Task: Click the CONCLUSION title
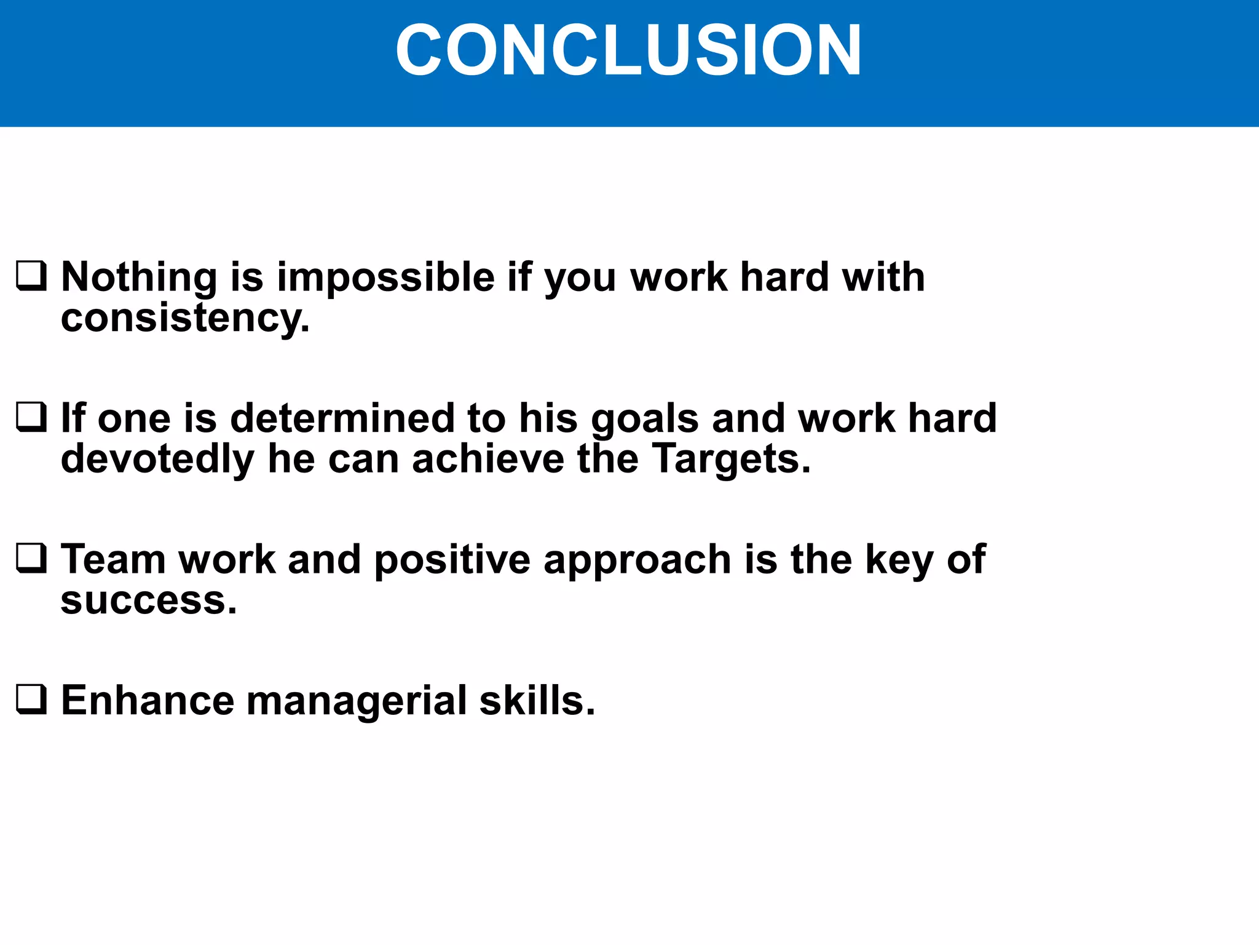[x=628, y=50]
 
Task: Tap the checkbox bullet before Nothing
[x=31, y=276]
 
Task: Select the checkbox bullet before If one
[x=31, y=418]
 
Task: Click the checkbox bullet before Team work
[x=31, y=559]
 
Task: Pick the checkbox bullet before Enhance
[x=31, y=700]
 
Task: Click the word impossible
[x=385, y=278]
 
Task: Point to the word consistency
[x=184, y=319]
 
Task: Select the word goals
[x=645, y=420]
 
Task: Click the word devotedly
[x=157, y=459]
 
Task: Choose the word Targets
[x=731, y=460]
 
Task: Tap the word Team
[x=113, y=559]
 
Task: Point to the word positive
[x=452, y=560]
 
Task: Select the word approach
[x=637, y=560]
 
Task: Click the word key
[x=899, y=560]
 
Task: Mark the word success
[x=148, y=601]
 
